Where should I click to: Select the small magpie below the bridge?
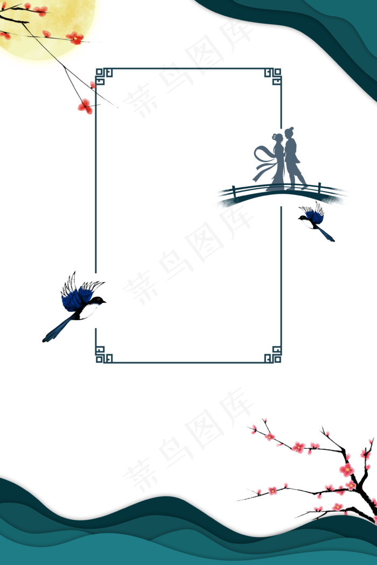(315, 221)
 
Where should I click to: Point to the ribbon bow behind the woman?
(264, 159)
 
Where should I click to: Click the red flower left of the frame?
(85, 107)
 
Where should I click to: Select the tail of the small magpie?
(325, 234)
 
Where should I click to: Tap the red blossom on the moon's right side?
(75, 38)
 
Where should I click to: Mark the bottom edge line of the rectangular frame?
(188, 362)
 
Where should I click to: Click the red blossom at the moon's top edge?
(40, 10)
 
